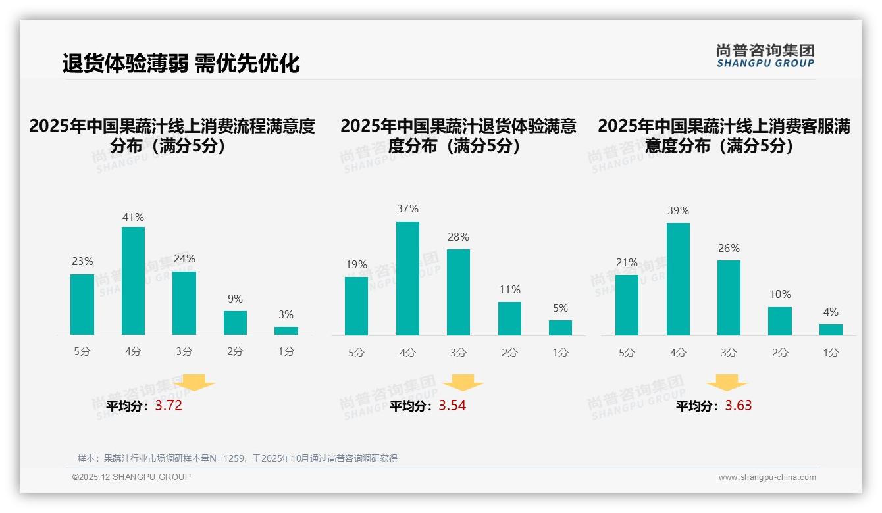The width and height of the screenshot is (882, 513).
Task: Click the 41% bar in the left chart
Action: (x=133, y=281)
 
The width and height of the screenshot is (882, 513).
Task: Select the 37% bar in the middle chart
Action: (x=407, y=278)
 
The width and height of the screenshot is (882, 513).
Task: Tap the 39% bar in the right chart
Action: (x=678, y=279)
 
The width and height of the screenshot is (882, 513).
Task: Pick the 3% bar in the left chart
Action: (x=286, y=331)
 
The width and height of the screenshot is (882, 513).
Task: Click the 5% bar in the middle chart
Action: (x=560, y=328)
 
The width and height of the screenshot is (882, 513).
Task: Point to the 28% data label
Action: (x=458, y=237)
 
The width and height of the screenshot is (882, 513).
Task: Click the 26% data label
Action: (x=729, y=248)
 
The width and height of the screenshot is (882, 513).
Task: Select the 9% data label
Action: (x=235, y=299)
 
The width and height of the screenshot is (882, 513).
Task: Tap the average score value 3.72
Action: (x=169, y=406)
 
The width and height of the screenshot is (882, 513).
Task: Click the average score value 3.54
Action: (x=452, y=406)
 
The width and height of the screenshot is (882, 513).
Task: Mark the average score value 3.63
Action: (x=739, y=406)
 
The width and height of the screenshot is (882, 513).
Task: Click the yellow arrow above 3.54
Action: (x=463, y=383)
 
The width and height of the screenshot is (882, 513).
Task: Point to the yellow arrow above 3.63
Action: (x=727, y=383)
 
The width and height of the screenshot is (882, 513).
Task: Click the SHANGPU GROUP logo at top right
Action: (x=765, y=56)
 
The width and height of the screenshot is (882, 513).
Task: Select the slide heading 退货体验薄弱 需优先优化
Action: (x=181, y=63)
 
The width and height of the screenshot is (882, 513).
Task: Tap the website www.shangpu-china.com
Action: (x=767, y=477)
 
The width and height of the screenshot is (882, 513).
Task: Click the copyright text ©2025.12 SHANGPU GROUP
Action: (x=132, y=477)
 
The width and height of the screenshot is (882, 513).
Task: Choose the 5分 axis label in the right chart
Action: (x=627, y=353)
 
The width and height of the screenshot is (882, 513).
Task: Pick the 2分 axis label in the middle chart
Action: (x=509, y=353)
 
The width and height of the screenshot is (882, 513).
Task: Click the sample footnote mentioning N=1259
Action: (x=238, y=458)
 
